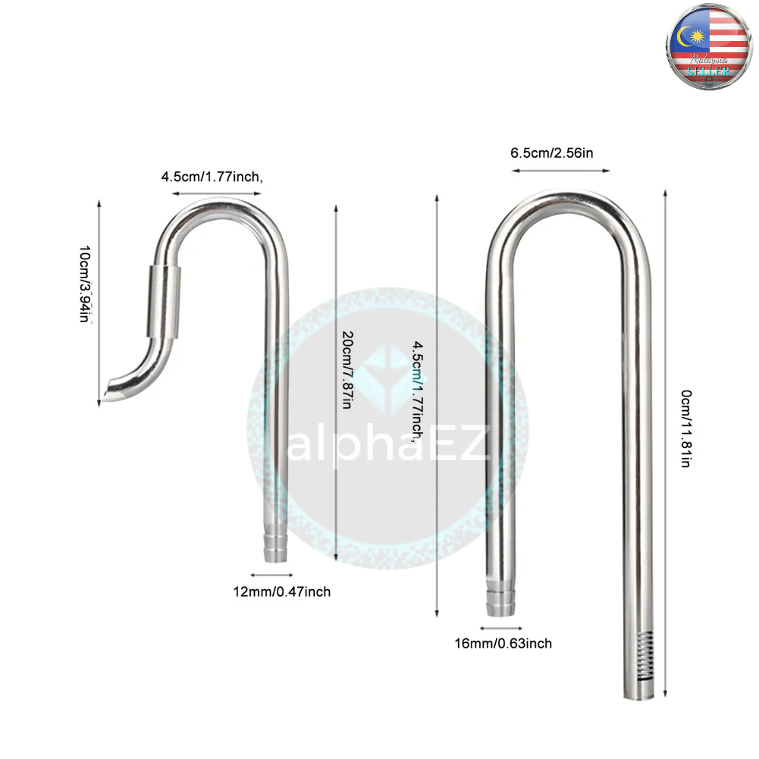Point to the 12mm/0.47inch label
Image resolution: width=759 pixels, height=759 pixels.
(x=282, y=591)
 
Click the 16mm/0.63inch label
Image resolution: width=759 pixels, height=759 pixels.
(x=503, y=643)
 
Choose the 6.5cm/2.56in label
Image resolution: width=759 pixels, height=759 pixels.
(x=552, y=152)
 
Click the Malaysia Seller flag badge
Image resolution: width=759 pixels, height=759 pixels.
(x=709, y=46)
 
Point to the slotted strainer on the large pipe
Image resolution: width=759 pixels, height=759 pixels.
(x=645, y=656)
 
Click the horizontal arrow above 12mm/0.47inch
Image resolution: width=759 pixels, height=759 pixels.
(x=269, y=574)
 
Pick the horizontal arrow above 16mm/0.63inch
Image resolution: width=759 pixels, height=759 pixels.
(x=501, y=628)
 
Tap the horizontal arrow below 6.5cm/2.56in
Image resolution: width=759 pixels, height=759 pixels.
(x=560, y=170)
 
